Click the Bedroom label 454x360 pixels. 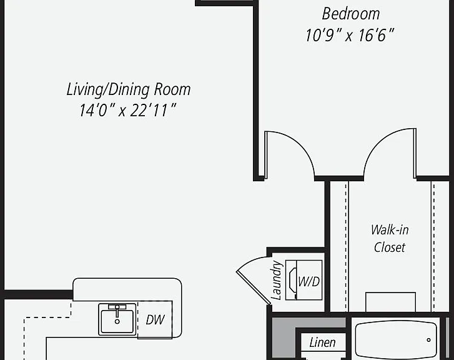click(x=351, y=14)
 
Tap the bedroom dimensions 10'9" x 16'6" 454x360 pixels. click(x=350, y=36)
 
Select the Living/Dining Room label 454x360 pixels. click(x=129, y=89)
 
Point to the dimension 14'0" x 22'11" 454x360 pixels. click(x=127, y=111)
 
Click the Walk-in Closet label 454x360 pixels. click(x=390, y=239)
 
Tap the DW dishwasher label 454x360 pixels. click(x=155, y=320)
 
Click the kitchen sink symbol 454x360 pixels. click(x=117, y=319)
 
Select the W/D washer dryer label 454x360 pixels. click(x=309, y=281)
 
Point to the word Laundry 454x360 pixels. click(x=276, y=280)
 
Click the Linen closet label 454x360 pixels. click(x=323, y=342)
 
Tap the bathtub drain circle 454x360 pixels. click(x=428, y=340)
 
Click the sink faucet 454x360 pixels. click(x=117, y=311)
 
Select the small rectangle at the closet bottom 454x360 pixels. click(x=390, y=302)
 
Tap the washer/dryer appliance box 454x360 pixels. click(x=303, y=280)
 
